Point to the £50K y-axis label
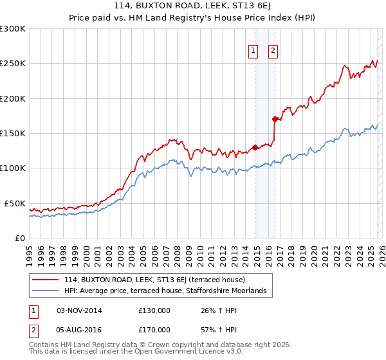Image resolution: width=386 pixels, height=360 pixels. [15, 203]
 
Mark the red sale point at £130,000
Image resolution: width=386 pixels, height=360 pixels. [255, 147]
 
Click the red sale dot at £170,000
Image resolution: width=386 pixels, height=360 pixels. [275, 119]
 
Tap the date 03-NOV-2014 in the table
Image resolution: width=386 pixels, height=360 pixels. [79, 310]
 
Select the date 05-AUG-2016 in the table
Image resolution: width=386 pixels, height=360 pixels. [79, 329]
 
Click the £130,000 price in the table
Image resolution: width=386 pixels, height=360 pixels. [154, 310]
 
